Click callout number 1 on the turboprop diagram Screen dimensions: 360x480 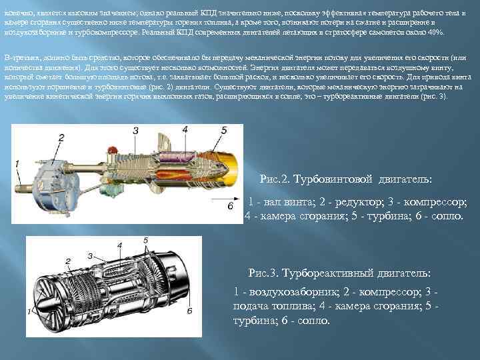tap(17, 163)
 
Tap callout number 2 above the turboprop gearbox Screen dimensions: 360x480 tap(61, 137)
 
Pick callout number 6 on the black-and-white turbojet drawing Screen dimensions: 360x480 tap(189, 310)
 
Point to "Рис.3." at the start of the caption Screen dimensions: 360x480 tap(264, 273)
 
